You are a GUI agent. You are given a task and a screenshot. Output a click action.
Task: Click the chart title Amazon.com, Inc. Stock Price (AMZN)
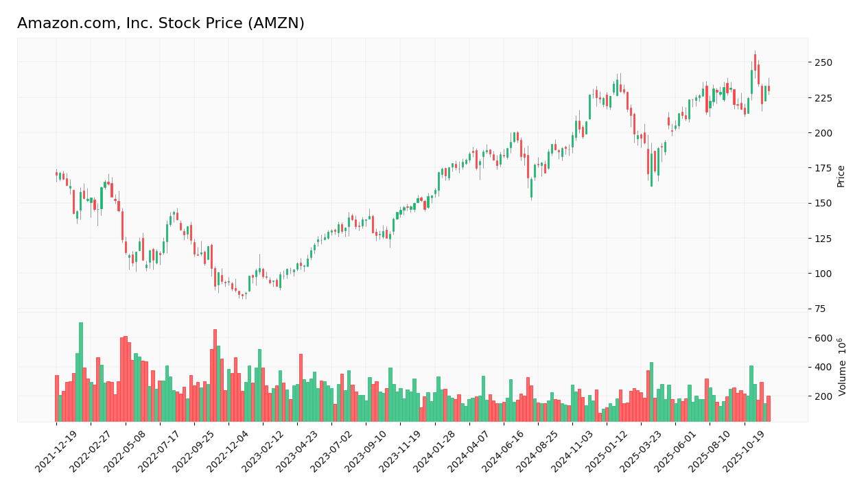(161, 23)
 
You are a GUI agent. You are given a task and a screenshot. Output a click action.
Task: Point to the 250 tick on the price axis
(823, 62)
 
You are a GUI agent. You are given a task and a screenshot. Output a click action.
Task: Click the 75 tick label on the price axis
(820, 309)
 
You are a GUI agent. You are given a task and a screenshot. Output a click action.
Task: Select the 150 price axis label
(823, 203)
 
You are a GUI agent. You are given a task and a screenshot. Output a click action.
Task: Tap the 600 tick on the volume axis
(823, 338)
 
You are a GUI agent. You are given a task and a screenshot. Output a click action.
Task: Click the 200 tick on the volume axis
(823, 396)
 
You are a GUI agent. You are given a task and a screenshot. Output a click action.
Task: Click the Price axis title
(841, 176)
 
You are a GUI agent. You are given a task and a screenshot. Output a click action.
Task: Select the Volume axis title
(842, 366)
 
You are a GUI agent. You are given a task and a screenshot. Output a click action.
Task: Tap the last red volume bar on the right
(769, 409)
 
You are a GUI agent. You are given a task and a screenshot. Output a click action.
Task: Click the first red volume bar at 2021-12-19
(57, 398)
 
